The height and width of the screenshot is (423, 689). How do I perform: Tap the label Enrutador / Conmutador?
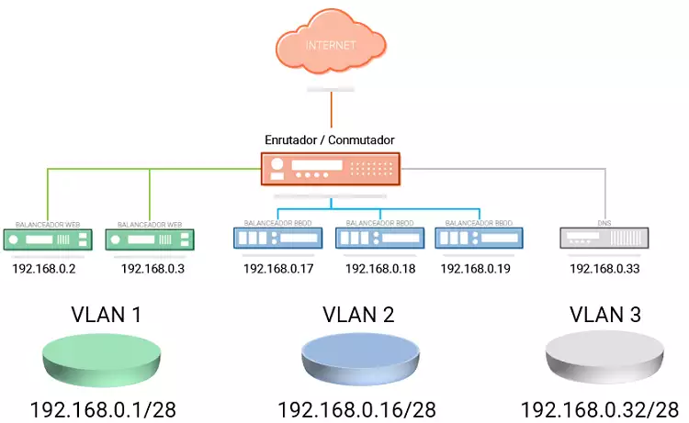329,140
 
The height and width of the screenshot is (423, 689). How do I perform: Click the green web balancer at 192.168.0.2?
50,239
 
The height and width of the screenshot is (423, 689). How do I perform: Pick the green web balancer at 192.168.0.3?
152,239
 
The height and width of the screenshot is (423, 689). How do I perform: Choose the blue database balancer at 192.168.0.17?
278,239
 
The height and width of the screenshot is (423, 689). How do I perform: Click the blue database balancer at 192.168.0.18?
379,239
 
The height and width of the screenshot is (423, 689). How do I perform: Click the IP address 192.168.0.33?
604,269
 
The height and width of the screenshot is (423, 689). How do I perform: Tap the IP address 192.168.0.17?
278,269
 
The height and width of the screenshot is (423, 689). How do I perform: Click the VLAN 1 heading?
106,315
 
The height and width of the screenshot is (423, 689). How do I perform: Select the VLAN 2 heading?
358,315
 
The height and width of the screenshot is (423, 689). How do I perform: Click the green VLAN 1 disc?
106,358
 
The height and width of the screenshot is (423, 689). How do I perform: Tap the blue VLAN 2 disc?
359,358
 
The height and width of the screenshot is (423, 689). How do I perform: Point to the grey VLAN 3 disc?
604,358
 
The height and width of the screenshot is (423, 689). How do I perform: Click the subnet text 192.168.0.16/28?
356,409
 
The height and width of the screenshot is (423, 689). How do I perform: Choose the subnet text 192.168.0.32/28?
600,409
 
